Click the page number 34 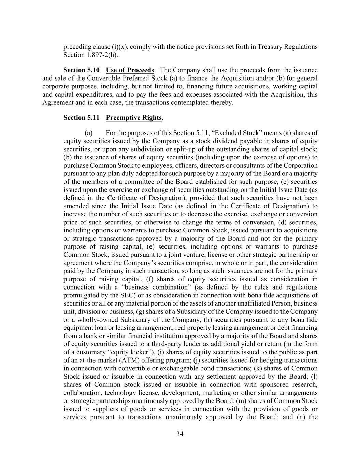click(180, 434)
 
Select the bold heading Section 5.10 click(82, 70)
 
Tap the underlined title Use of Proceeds click(130, 70)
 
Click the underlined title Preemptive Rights click(134, 118)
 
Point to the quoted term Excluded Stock click(236, 133)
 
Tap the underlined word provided click(202, 198)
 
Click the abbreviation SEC click(129, 295)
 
